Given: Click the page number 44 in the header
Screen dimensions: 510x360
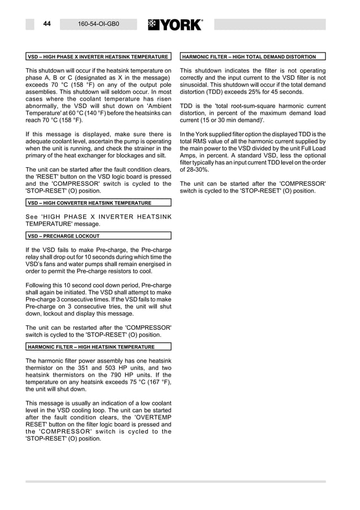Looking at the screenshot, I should [x=47, y=24].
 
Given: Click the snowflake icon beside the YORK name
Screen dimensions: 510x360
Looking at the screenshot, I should [x=153, y=25].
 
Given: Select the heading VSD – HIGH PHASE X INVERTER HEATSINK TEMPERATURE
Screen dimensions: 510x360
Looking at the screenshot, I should [x=98, y=57].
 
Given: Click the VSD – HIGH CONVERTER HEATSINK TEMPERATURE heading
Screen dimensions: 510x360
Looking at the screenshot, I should [x=90, y=203].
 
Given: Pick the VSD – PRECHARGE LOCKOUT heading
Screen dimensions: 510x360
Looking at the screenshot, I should [x=64, y=236].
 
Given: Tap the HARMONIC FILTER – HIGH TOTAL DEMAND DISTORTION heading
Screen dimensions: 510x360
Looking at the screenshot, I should [x=249, y=57].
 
